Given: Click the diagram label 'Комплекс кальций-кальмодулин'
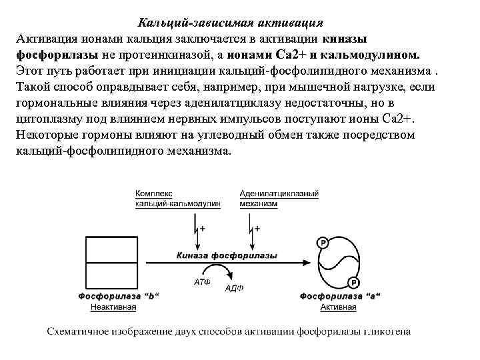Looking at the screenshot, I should pyautogui.click(x=177, y=199).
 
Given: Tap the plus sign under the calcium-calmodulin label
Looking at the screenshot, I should pyautogui.click(x=202, y=229).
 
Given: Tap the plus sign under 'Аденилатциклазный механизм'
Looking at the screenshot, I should pyautogui.click(x=257, y=229).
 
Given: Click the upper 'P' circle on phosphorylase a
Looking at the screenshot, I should pyautogui.click(x=324, y=243).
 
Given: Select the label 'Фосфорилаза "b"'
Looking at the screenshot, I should pyautogui.click(x=119, y=296).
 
